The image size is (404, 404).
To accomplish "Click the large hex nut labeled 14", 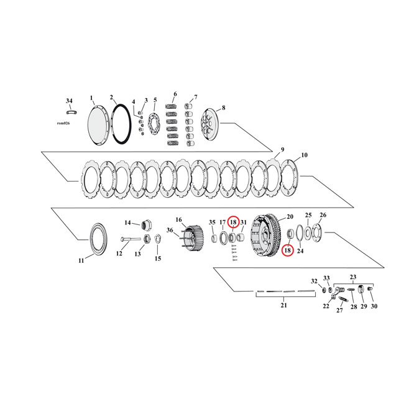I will (x=148, y=224).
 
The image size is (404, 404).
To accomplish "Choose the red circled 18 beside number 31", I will (x=233, y=222).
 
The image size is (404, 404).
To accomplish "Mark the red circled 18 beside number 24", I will (x=287, y=250).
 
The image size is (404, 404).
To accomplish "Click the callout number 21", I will (x=283, y=305).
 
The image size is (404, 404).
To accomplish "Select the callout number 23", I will (x=353, y=277).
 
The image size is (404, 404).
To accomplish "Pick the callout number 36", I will (x=170, y=230).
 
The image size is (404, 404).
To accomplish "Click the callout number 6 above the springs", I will (x=175, y=94).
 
